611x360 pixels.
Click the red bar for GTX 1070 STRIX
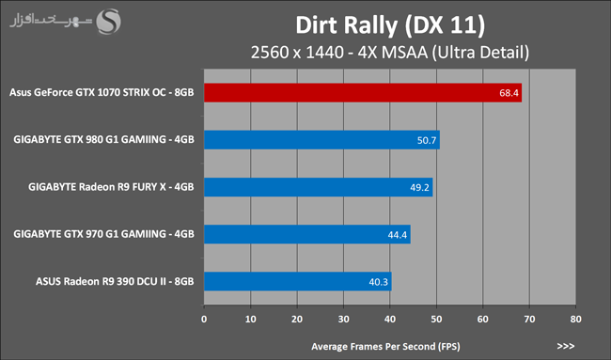[363, 93]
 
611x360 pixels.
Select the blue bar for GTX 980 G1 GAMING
[321, 140]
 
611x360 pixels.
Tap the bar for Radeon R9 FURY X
[319, 187]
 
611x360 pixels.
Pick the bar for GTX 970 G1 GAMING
[307, 234]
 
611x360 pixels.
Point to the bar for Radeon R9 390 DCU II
[298, 281]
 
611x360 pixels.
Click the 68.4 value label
[509, 93]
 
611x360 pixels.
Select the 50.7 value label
[427, 140]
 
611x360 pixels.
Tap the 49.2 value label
[419, 187]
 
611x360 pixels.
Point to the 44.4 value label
[397, 235]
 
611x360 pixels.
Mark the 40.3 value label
[379, 282]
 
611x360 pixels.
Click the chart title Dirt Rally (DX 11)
[390, 25]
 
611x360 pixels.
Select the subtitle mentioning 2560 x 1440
[390, 53]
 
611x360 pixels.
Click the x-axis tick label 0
[204, 319]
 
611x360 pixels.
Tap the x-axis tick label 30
[344, 319]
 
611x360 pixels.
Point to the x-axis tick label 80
[575, 319]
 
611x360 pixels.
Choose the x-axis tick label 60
[483, 319]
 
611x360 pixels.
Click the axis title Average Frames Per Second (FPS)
[385, 346]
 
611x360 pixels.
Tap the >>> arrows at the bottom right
[566, 346]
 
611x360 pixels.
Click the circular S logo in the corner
[109, 22]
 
